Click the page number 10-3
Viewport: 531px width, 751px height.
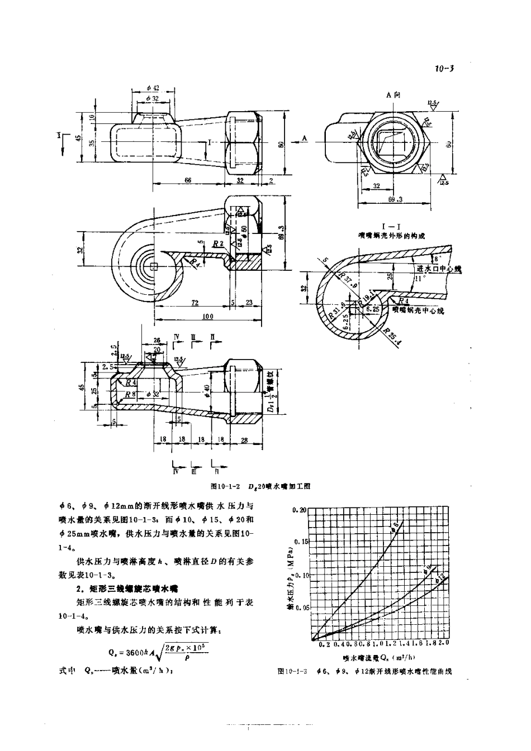coord(444,69)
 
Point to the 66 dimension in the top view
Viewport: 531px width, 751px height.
coord(187,179)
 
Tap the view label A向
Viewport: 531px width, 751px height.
coord(393,95)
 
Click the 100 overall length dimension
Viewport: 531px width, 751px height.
coord(207,317)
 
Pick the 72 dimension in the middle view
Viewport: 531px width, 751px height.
coord(195,302)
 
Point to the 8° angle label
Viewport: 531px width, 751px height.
coord(437,259)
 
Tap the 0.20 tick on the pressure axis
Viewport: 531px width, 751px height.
coord(300,510)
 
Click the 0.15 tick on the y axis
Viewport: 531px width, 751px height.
coord(300,542)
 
